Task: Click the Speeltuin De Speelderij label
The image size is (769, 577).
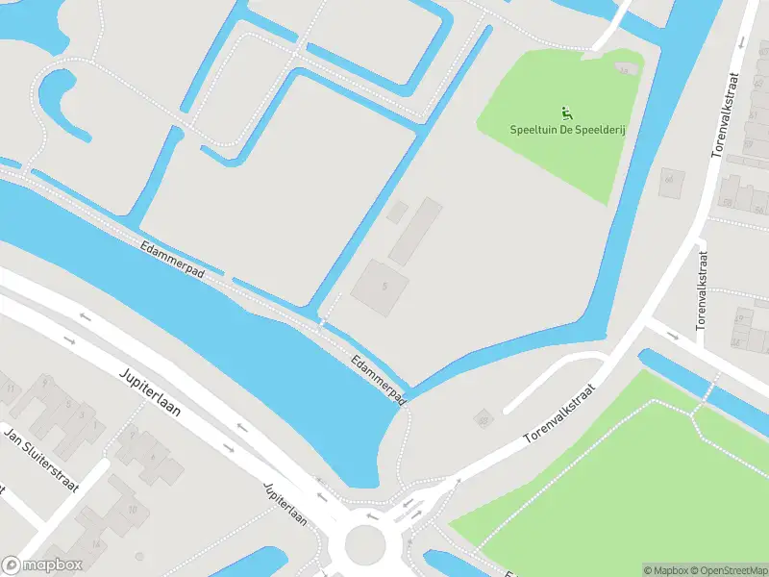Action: pyautogui.click(x=566, y=129)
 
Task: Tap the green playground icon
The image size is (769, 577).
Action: pyautogui.click(x=566, y=113)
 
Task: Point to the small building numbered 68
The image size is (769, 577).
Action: pyautogui.click(x=483, y=419)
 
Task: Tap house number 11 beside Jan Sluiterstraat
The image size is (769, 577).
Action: pyautogui.click(x=11, y=389)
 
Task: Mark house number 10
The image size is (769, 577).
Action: pyautogui.click(x=133, y=509)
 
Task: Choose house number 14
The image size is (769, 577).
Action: pyautogui.click(x=96, y=542)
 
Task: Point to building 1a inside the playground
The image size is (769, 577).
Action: pyautogui.click(x=627, y=69)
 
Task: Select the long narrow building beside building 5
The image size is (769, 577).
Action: pyautogui.click(x=416, y=232)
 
